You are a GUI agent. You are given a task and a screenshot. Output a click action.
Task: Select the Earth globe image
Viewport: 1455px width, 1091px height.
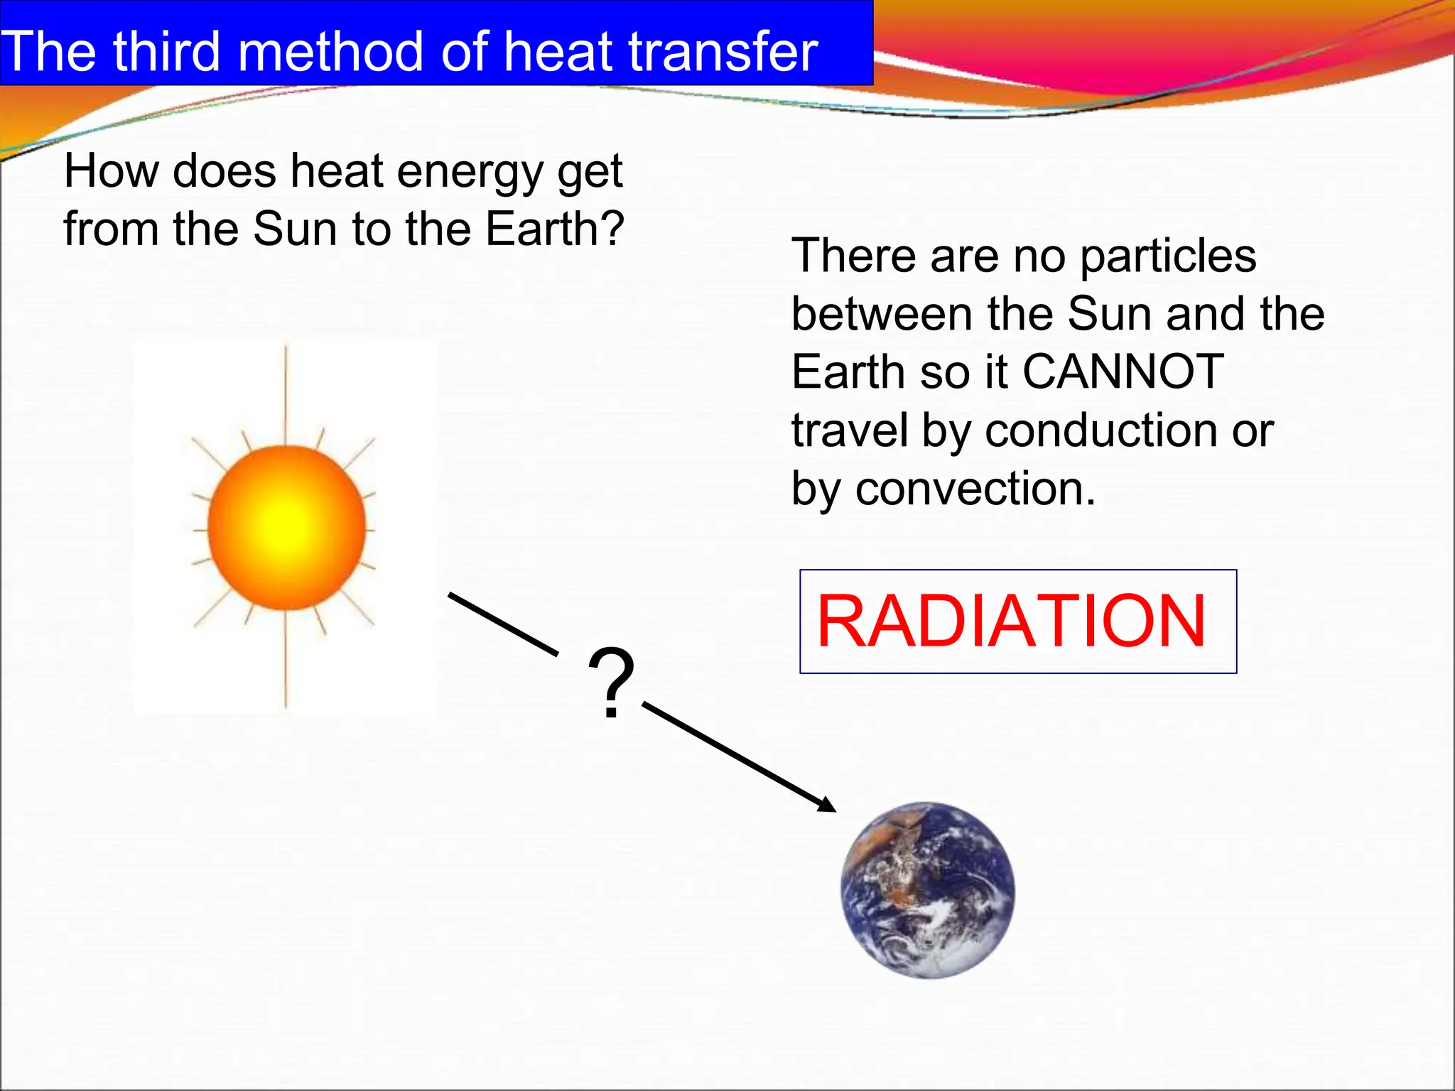[x=927, y=890]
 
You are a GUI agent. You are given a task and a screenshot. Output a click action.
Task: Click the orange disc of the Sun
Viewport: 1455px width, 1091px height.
[x=286, y=527]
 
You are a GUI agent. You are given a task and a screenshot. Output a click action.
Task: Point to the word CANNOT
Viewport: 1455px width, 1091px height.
[x=1123, y=371]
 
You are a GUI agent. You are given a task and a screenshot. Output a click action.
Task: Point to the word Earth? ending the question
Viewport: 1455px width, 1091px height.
[x=554, y=229]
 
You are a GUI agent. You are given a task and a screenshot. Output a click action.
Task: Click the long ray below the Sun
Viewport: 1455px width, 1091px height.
[x=286, y=661]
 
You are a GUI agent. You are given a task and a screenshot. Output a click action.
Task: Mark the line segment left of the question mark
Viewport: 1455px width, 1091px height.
[x=503, y=623]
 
